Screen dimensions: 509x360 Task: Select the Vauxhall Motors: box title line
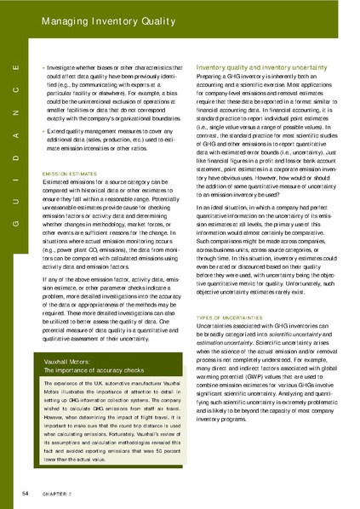coord(77,363)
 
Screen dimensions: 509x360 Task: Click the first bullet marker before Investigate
coord(43,66)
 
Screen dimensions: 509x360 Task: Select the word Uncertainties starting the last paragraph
coord(218,324)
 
